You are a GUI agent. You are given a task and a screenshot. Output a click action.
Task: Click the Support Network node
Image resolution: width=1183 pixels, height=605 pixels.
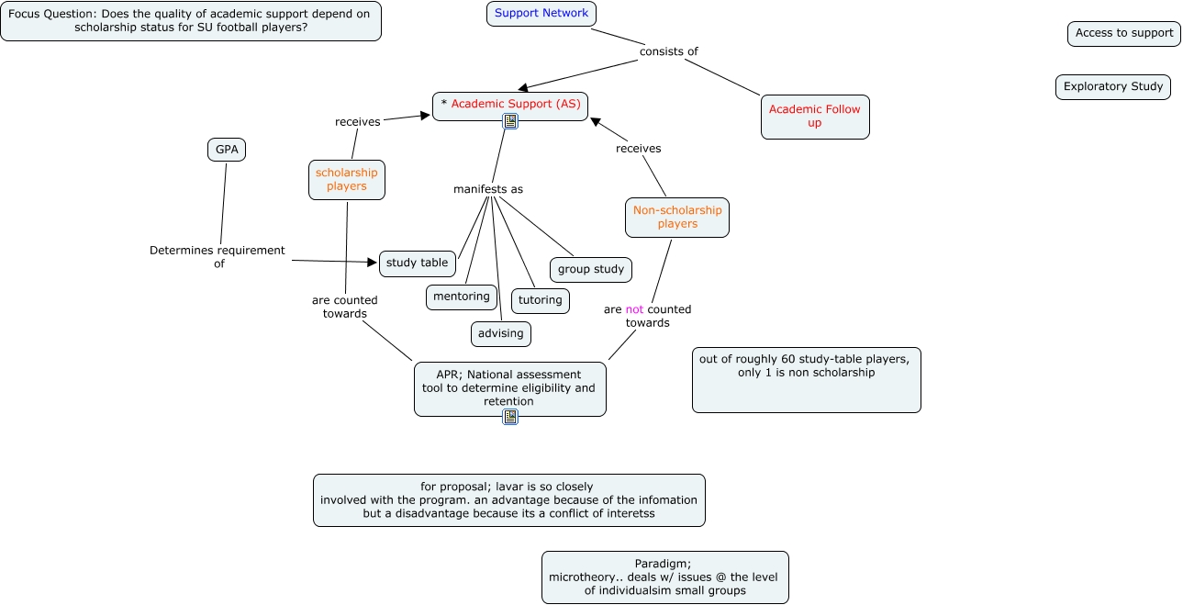(x=541, y=14)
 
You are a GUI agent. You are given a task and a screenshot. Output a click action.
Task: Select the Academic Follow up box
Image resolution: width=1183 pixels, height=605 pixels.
(x=815, y=117)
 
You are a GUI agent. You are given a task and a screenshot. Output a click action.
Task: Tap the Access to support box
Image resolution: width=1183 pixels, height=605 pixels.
(x=1124, y=33)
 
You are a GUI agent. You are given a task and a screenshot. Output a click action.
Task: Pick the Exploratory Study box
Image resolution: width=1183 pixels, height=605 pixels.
(x=1113, y=87)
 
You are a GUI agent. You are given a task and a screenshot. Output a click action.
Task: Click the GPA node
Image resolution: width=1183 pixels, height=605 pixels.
(x=227, y=150)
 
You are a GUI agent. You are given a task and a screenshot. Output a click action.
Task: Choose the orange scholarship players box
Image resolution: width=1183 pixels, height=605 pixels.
(x=347, y=180)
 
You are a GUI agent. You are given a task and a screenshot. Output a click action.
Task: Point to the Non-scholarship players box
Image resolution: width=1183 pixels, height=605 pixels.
(x=677, y=218)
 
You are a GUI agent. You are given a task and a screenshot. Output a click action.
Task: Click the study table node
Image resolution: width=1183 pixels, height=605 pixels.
(x=418, y=263)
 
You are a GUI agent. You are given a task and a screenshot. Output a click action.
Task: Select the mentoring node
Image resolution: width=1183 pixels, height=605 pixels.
(x=462, y=297)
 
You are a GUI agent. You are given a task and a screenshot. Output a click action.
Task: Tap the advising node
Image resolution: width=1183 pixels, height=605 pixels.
(x=501, y=334)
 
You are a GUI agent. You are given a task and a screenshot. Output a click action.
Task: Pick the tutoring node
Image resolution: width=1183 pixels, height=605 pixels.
(x=541, y=301)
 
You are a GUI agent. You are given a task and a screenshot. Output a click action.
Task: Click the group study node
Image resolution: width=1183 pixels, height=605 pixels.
(x=591, y=270)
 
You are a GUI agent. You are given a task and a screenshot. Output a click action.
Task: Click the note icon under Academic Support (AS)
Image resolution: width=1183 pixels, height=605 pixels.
(x=510, y=121)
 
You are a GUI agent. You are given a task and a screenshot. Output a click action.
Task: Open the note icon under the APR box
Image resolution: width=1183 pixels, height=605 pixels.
(x=510, y=417)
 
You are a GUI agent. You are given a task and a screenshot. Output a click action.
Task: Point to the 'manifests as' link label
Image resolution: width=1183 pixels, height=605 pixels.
(x=488, y=189)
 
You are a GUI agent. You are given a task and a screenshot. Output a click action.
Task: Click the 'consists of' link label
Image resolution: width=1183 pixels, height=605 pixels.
(x=669, y=51)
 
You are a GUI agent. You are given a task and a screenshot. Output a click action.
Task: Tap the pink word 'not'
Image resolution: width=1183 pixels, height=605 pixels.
(x=634, y=309)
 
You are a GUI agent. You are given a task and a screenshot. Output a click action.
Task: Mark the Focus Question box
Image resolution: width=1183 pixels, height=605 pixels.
(x=191, y=21)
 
